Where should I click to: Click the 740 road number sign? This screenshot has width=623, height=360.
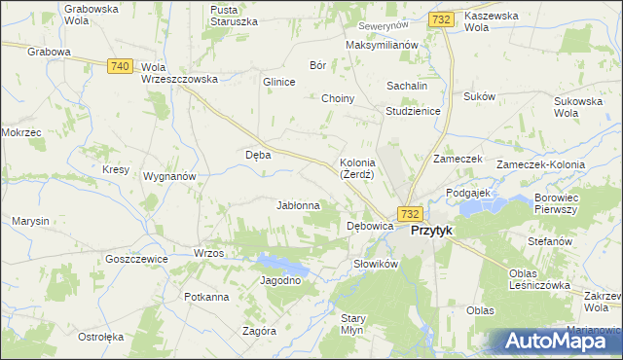(x=120, y=65)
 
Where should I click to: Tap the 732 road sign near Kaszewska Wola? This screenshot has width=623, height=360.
(x=440, y=19)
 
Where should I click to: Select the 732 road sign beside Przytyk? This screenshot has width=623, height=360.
(x=409, y=214)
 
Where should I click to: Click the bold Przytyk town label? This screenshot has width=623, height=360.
(x=431, y=231)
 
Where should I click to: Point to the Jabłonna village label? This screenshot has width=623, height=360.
(x=299, y=205)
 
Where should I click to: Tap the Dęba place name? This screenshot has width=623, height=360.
(x=258, y=154)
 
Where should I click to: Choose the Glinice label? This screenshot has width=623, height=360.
(x=278, y=82)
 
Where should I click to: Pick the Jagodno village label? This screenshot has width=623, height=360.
(x=280, y=280)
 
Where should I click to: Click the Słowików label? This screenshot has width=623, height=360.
(x=375, y=264)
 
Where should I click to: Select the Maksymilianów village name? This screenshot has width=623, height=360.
(x=383, y=45)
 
